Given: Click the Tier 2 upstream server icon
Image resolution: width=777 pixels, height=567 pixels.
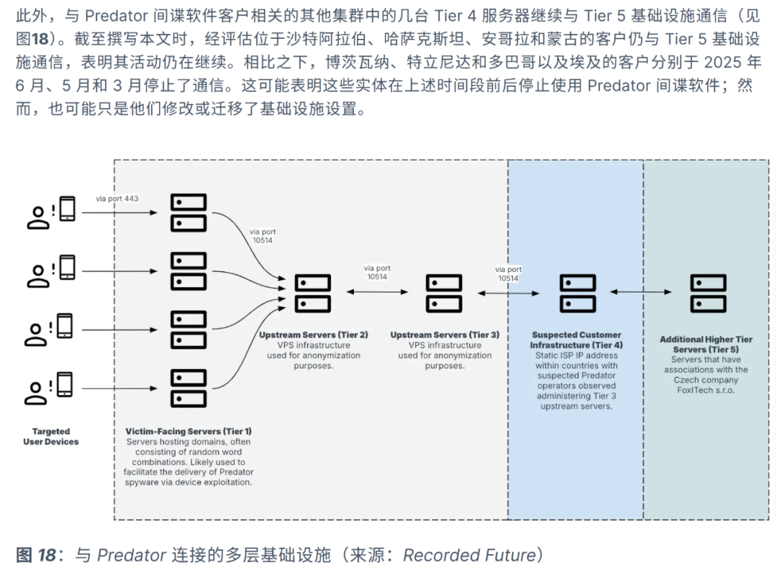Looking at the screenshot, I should [313, 293].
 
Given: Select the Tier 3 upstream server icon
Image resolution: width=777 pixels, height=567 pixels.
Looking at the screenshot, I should [444, 293].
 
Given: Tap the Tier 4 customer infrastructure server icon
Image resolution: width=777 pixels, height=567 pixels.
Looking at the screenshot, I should [578, 293].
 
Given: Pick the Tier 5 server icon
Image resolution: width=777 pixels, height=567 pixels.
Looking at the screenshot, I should [707, 293].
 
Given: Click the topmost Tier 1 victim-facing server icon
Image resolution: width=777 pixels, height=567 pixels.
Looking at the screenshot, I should [188, 212].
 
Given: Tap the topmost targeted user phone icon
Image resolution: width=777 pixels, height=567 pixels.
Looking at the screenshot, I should [67, 209].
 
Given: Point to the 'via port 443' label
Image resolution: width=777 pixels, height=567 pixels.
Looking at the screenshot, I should [117, 198].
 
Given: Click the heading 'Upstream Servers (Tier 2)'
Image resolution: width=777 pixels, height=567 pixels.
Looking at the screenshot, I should [314, 335].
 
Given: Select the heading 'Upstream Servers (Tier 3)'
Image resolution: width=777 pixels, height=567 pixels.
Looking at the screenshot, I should [445, 335].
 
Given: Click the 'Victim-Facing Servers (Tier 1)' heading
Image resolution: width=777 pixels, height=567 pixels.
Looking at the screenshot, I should [188, 431].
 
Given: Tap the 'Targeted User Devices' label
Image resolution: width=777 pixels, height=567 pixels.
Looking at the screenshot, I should [50, 436].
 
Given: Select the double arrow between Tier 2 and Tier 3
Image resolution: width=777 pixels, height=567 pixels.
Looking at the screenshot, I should [377, 291].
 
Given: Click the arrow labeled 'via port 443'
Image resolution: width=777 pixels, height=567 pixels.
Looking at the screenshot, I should [119, 213].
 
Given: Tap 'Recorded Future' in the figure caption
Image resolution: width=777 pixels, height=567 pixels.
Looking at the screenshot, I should [469, 555].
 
